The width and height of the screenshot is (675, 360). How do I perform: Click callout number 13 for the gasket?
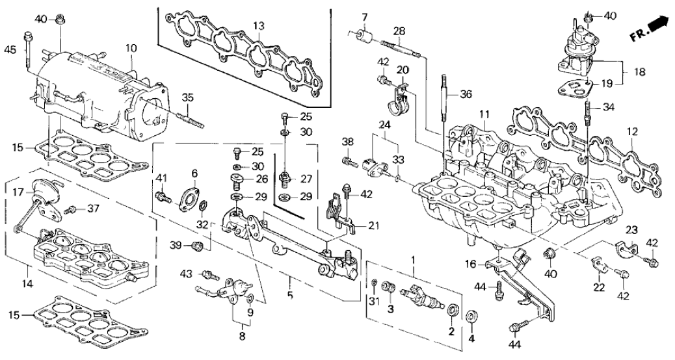(259, 26)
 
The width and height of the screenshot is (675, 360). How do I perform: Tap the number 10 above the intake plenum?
(131, 47)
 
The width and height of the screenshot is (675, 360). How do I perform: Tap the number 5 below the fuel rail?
(290, 296)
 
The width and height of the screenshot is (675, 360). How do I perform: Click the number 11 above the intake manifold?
(484, 114)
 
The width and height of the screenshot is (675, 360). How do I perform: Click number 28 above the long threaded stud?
(399, 31)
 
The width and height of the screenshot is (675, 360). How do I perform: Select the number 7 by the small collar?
(364, 16)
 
